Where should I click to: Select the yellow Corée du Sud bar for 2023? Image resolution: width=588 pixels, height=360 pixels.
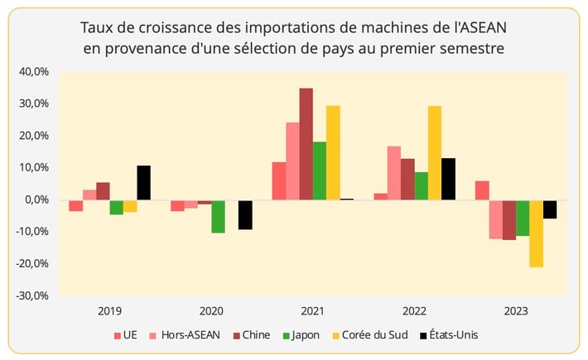point(536,233)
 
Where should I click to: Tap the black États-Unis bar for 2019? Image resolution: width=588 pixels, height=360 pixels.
point(144,183)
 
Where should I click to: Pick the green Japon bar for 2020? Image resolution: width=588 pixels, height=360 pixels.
point(218,216)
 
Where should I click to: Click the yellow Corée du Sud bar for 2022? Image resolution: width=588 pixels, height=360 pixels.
point(434,153)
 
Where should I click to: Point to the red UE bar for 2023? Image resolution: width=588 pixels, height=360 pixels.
point(482,190)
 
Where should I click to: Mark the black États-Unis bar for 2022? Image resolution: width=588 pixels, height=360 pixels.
point(448,179)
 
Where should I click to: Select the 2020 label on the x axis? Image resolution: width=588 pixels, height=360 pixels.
point(211,311)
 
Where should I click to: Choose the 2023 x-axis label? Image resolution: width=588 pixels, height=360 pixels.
point(515,311)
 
